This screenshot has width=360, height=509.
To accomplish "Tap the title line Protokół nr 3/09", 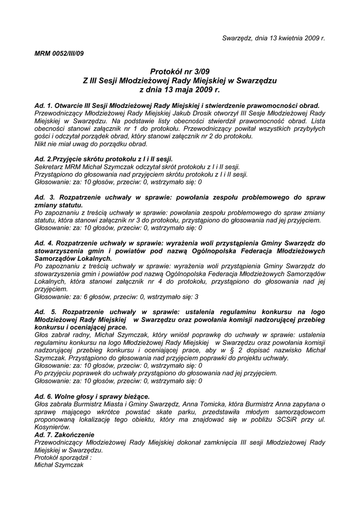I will (x=180, y=72).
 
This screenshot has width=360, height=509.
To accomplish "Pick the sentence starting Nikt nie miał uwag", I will (x=91, y=144).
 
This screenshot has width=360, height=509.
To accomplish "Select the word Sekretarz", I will (x=48, y=167).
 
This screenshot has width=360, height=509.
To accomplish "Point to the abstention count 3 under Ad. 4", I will (x=196, y=297).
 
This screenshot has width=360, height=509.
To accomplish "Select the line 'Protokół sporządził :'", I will (x=63, y=457).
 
